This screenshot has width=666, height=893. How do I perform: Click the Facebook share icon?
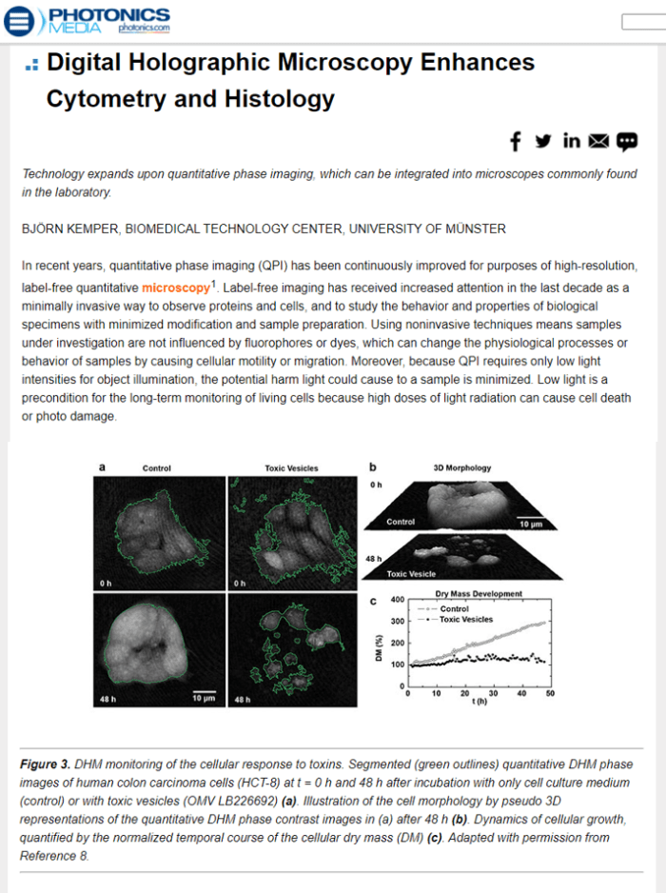516,141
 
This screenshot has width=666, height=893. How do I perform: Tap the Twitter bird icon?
543,141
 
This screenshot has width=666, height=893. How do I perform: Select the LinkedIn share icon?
572,141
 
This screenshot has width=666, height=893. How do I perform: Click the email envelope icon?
598,141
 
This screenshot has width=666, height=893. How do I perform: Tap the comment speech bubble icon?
626,141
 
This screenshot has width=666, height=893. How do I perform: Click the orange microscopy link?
176,288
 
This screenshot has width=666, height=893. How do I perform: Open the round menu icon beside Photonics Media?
19,20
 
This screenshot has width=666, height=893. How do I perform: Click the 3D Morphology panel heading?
462,467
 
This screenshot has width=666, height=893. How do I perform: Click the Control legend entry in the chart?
455,608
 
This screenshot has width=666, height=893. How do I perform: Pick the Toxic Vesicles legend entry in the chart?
465,620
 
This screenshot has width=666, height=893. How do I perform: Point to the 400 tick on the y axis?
399,602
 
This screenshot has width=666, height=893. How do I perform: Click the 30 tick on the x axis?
494,693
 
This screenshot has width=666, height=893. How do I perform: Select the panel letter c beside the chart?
374,600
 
